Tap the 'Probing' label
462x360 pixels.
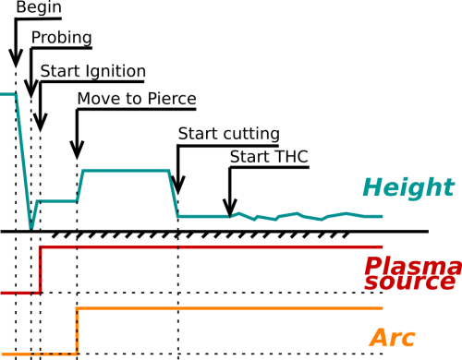pyautogui.click(x=61, y=38)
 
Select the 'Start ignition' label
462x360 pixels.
pyautogui.click(x=92, y=70)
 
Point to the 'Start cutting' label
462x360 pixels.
pyautogui.click(x=227, y=134)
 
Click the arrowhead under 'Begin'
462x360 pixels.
pyautogui.click(x=16, y=57)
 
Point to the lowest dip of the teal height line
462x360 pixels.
pyautogui.click(x=31, y=224)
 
